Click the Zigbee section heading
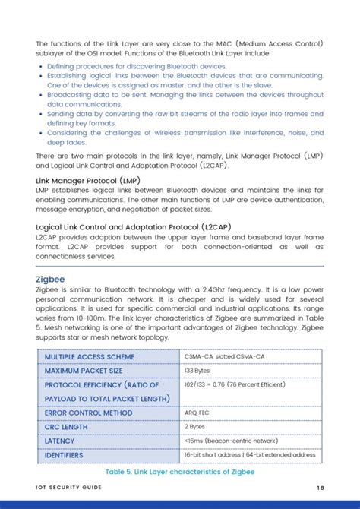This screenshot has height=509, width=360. pyautogui.click(x=50, y=279)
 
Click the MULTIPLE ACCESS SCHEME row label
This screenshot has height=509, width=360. pyautogui.click(x=89, y=356)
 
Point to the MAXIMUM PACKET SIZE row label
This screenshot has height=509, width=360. pyautogui.click(x=83, y=371)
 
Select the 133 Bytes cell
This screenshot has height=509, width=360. pyautogui.click(x=198, y=371)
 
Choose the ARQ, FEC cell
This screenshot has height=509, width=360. pyautogui.click(x=197, y=413)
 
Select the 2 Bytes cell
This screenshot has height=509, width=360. pyautogui.click(x=194, y=427)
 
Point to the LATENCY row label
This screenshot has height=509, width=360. pyautogui.click(x=59, y=441)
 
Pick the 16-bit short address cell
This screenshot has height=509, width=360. pyautogui.click(x=250, y=455)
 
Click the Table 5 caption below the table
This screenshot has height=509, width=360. pyautogui.click(x=180, y=472)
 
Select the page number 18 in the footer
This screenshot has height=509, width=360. pyautogui.click(x=321, y=488)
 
